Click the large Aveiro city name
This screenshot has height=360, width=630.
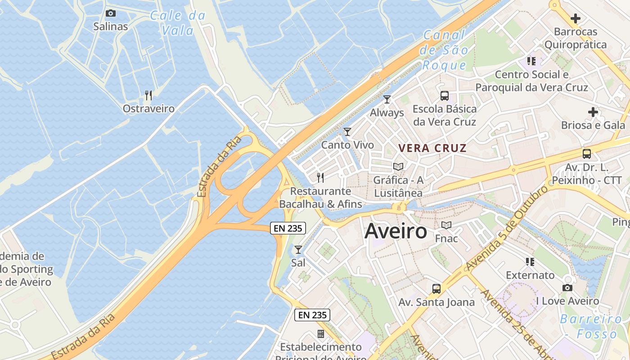tap(396, 231)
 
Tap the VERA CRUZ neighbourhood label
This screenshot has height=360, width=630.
tap(432, 148)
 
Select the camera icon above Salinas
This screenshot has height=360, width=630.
tap(110, 13)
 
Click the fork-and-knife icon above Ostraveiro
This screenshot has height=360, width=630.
tap(148, 95)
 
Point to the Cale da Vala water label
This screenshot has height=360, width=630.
tap(178, 23)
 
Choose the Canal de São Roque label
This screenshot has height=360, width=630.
tap(444, 50)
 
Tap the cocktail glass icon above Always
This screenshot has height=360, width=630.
tap(387, 99)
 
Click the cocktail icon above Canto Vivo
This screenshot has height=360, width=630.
tap(347, 132)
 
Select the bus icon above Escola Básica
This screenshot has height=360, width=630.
tap(445, 95)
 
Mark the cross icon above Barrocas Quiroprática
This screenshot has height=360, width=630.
tap(575, 18)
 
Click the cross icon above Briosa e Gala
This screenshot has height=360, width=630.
tap(593, 112)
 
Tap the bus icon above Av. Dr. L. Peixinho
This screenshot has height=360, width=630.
tap(587, 154)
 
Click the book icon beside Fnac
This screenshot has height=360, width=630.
tap(446, 225)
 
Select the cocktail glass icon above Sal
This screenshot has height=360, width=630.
tap(298, 249)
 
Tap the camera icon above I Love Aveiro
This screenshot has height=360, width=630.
tap(567, 288)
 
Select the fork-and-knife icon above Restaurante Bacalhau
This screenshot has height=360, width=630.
tap(320, 178)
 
